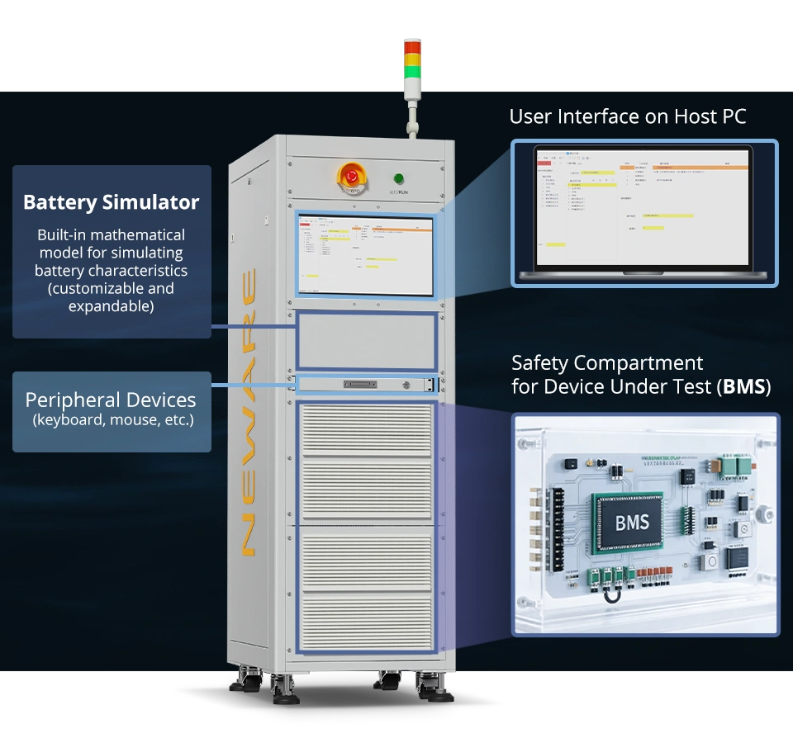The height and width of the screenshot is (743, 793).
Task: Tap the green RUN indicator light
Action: pyautogui.click(x=399, y=177)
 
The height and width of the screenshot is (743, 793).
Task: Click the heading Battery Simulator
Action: pyautogui.click(x=111, y=202)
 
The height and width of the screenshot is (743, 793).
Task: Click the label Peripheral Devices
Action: pyautogui.click(x=111, y=400)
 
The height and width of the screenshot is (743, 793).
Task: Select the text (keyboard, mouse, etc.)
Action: pyautogui.click(x=112, y=420)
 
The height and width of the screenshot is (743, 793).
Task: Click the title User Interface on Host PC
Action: pyautogui.click(x=627, y=116)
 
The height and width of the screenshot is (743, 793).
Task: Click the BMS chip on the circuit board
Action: pyautogui.click(x=632, y=522)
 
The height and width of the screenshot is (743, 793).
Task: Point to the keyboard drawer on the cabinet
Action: pyautogui.click(x=363, y=384)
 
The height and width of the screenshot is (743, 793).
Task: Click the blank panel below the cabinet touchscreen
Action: pyautogui.click(x=366, y=339)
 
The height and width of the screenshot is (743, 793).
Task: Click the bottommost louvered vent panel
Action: pyautogui.click(x=366, y=619)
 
